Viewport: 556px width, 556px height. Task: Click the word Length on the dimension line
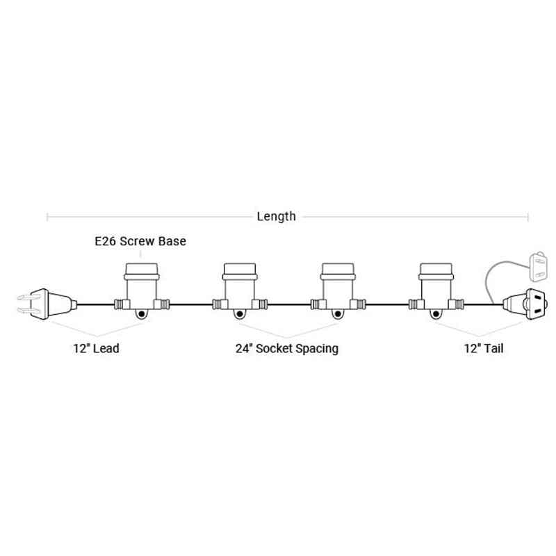pos(276,216)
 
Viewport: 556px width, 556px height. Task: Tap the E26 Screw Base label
pos(140,241)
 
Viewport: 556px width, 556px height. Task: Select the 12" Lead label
pos(96,348)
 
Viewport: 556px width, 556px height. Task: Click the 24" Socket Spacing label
pos(287,349)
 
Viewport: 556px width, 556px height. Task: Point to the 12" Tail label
pos(484,348)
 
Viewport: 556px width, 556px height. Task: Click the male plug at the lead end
pos(47,304)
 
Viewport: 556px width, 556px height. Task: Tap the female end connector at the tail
pos(525,304)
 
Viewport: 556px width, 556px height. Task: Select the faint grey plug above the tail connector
pos(538,266)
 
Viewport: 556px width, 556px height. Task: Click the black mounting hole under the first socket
pos(142,314)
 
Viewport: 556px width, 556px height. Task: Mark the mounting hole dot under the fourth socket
pos(436,314)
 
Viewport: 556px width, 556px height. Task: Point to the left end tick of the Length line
pos(47,217)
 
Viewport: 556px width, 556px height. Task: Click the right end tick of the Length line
pos(528,217)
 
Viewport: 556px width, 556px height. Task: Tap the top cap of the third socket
pos(338,269)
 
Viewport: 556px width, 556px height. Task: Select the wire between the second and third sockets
pos(289,304)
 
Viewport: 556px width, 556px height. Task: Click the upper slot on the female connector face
pos(538,297)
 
